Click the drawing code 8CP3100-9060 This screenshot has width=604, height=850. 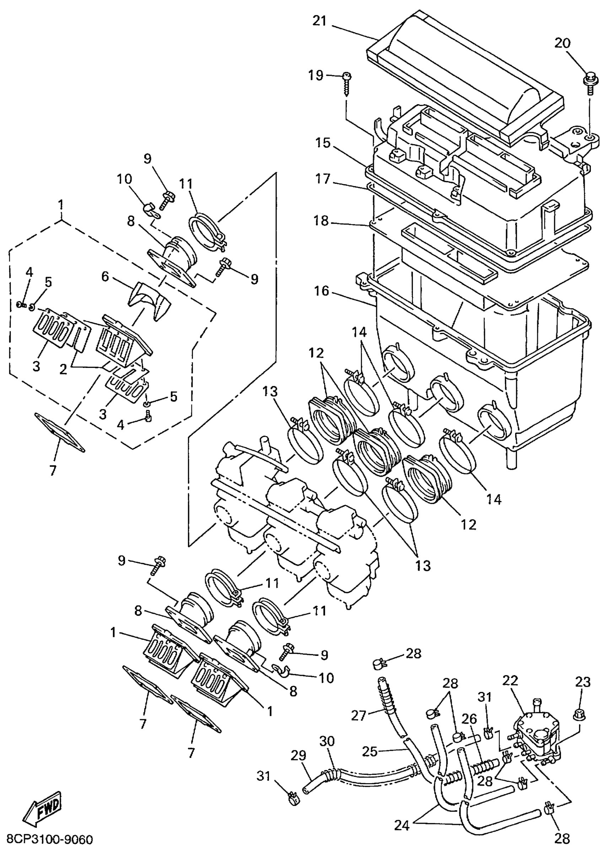pos(47,840)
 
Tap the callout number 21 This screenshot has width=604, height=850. pos(319,21)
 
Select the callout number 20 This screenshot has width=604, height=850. pos(562,43)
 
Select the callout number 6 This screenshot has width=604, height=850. pos(105,277)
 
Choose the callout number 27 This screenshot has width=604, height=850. pos(359,715)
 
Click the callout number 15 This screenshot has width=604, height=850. pos(323,143)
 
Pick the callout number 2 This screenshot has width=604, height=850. pos(63,369)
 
